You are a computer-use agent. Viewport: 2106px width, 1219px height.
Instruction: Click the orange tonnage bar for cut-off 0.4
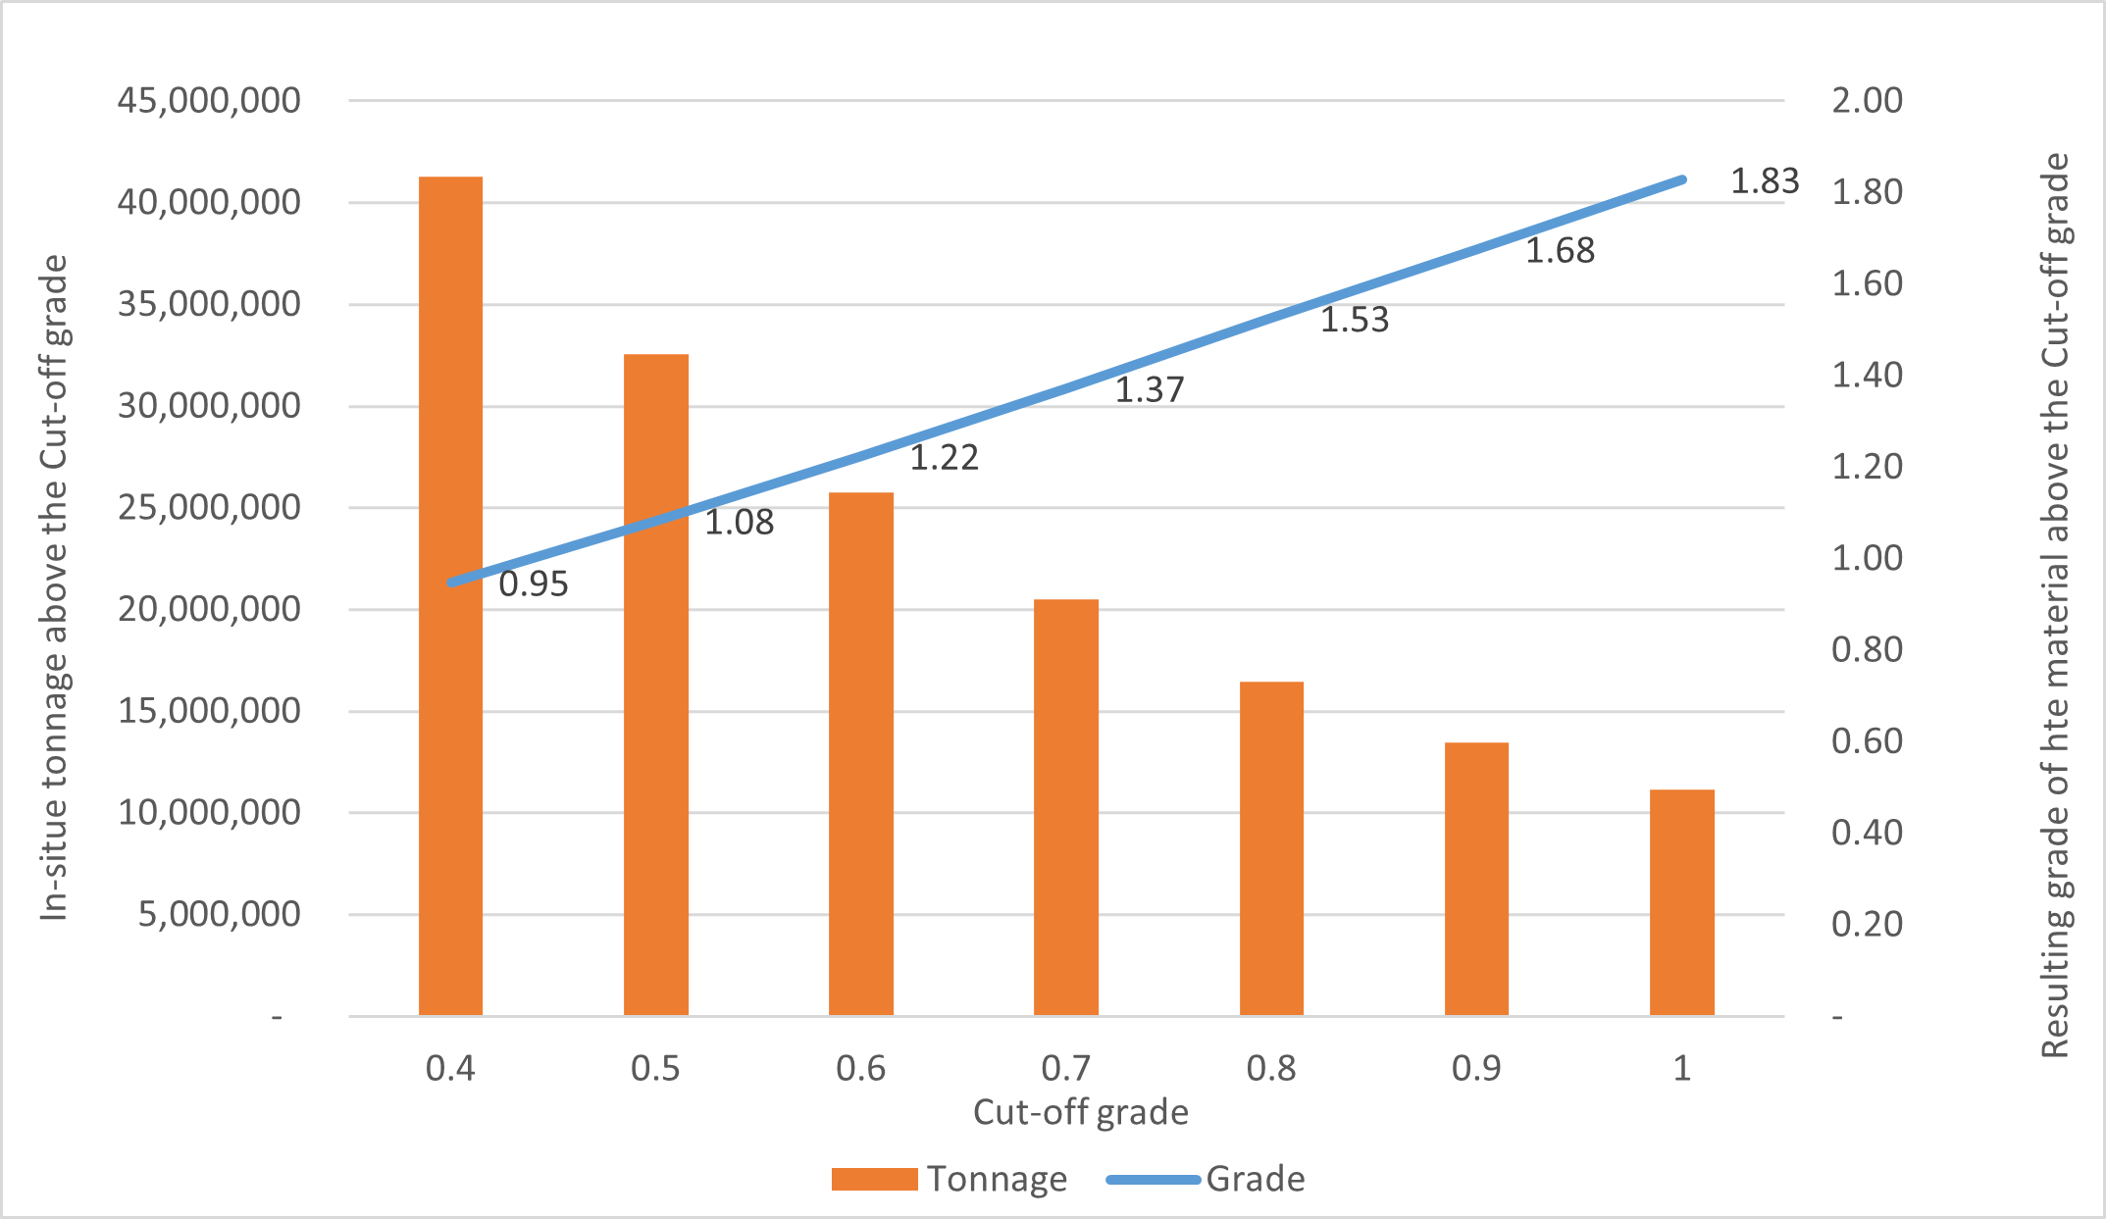tap(450, 686)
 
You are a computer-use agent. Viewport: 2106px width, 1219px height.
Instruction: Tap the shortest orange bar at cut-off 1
tap(1681, 901)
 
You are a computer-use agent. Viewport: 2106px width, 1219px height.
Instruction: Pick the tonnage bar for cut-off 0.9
tap(1476, 878)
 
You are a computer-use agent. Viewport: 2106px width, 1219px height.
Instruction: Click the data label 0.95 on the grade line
tap(534, 584)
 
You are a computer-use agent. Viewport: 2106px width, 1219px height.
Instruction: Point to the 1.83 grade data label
tap(1764, 181)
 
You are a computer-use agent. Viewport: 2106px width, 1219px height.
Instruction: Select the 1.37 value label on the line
tap(1150, 390)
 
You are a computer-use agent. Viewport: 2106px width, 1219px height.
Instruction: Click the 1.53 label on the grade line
tap(1354, 321)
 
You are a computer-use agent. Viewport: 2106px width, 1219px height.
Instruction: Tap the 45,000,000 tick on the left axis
tap(209, 100)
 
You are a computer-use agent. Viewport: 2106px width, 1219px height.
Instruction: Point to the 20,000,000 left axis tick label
tap(209, 609)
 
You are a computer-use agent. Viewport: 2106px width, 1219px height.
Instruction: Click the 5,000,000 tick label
tap(219, 914)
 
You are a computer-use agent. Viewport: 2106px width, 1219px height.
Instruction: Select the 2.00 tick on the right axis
tap(1867, 100)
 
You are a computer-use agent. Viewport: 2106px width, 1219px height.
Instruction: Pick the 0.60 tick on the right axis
tap(1867, 741)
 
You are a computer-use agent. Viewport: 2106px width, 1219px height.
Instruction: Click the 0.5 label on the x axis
tap(655, 1068)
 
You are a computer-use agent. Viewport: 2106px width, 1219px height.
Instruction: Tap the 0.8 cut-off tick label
tap(1271, 1068)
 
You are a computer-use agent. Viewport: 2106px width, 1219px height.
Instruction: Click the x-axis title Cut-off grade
tap(1080, 1113)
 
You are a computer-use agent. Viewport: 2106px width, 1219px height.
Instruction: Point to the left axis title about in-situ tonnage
tap(55, 588)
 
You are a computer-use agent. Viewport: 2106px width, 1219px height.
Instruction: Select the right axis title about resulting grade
tap(2054, 605)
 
